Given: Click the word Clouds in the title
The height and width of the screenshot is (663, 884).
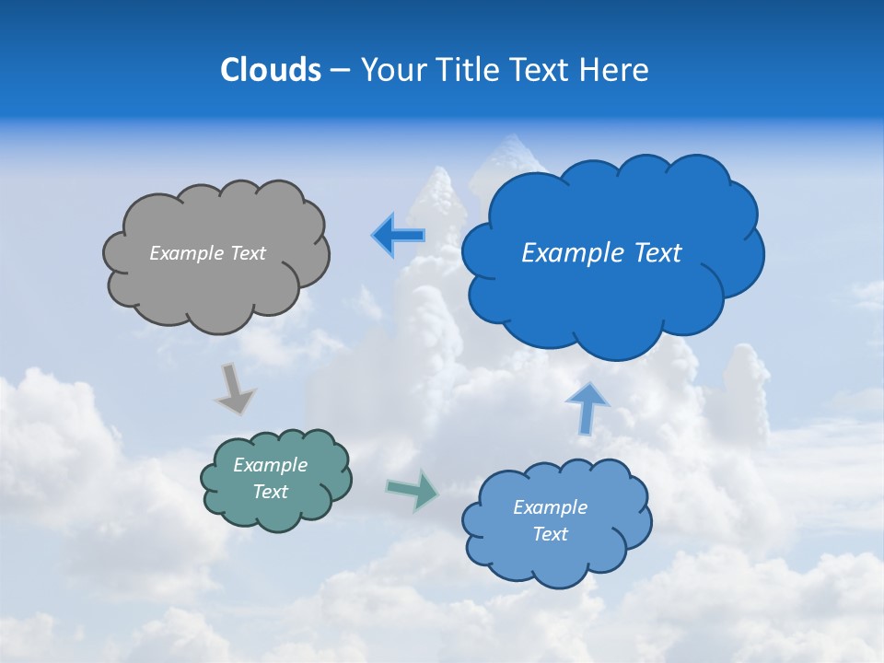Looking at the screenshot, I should point(271,70).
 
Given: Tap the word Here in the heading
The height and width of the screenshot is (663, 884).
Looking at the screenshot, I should point(616,70).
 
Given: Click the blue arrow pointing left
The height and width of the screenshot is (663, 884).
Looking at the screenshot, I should point(398,236).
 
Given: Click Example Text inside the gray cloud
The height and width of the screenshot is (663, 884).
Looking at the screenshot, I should point(207,253).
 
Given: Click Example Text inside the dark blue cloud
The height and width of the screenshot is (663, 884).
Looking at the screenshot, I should point(601,253).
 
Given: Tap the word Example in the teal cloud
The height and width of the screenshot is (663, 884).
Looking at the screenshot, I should point(270,465).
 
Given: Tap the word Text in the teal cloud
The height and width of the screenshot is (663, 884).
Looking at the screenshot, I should point(270,492).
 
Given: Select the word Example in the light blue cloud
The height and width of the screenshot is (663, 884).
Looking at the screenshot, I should point(550,507).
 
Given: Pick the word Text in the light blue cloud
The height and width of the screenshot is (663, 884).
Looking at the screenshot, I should point(550,534).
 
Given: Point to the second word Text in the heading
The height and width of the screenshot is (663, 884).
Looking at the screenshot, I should point(542,70).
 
